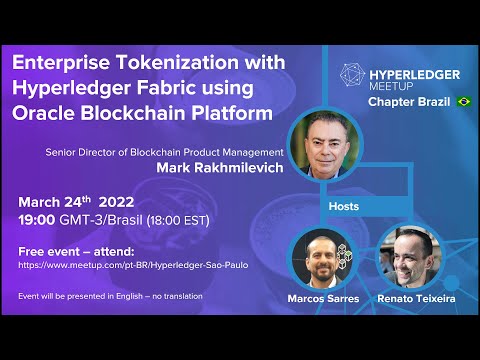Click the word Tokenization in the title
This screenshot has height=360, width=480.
click(179, 62)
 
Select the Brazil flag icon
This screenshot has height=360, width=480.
click(464, 101)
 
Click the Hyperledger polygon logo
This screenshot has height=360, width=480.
click(352, 75)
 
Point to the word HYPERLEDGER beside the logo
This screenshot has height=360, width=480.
click(415, 75)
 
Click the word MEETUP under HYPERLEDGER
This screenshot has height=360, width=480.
click(391, 86)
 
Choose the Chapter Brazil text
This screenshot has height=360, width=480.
click(409, 102)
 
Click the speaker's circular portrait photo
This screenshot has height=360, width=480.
click(325, 145)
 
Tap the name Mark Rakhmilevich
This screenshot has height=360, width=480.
click(220, 167)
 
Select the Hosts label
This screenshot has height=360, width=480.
click(344, 206)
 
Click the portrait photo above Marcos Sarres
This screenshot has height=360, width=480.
click(322, 259)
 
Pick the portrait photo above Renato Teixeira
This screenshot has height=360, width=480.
click(411, 257)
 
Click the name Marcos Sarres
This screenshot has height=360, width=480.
click(323, 298)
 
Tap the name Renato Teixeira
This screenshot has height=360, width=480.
click(416, 298)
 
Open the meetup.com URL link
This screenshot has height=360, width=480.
click(133, 265)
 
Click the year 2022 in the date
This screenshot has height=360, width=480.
click(116, 202)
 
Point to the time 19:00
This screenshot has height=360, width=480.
click(37, 220)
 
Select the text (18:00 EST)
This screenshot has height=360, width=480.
click(178, 220)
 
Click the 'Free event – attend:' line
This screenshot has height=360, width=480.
click(76, 252)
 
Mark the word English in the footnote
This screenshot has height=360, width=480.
click(129, 296)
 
